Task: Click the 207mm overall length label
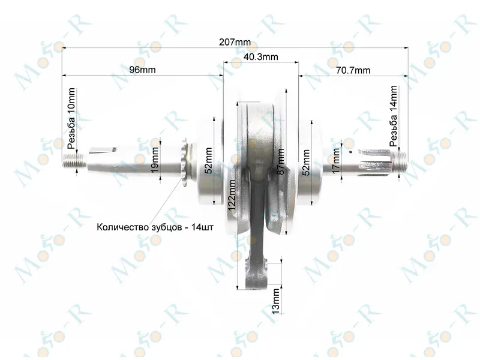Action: coord(235,42)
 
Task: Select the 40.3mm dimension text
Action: coord(261,56)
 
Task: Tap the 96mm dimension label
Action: coord(142,70)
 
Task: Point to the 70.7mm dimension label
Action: coord(353,70)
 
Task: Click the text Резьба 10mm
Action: coord(71,118)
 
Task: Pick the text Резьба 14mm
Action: coord(394,116)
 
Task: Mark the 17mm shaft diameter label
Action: coord(336,161)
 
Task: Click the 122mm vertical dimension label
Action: coord(232,195)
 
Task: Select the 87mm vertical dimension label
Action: coord(280,161)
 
